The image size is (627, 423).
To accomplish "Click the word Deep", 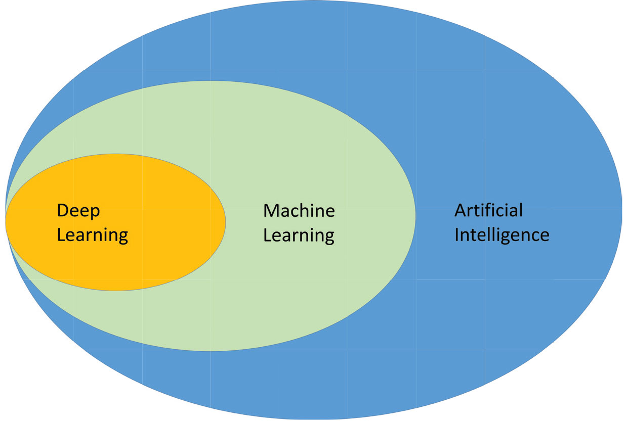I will (x=78, y=211).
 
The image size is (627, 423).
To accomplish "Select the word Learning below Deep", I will (x=92, y=235).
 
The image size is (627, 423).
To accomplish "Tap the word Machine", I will (x=299, y=211).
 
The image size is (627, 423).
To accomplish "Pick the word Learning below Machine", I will (x=299, y=235).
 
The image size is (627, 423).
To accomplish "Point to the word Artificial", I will (x=488, y=210).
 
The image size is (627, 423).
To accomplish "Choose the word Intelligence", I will (x=501, y=235).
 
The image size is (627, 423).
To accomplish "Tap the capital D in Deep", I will (x=62, y=211).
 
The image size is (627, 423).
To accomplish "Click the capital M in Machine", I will (x=271, y=211).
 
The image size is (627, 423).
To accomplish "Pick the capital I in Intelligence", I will (x=456, y=235).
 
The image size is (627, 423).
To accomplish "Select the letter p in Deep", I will (x=94, y=213).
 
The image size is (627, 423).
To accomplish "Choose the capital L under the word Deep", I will (x=61, y=235).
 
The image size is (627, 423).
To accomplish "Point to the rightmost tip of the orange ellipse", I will (x=225, y=221).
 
